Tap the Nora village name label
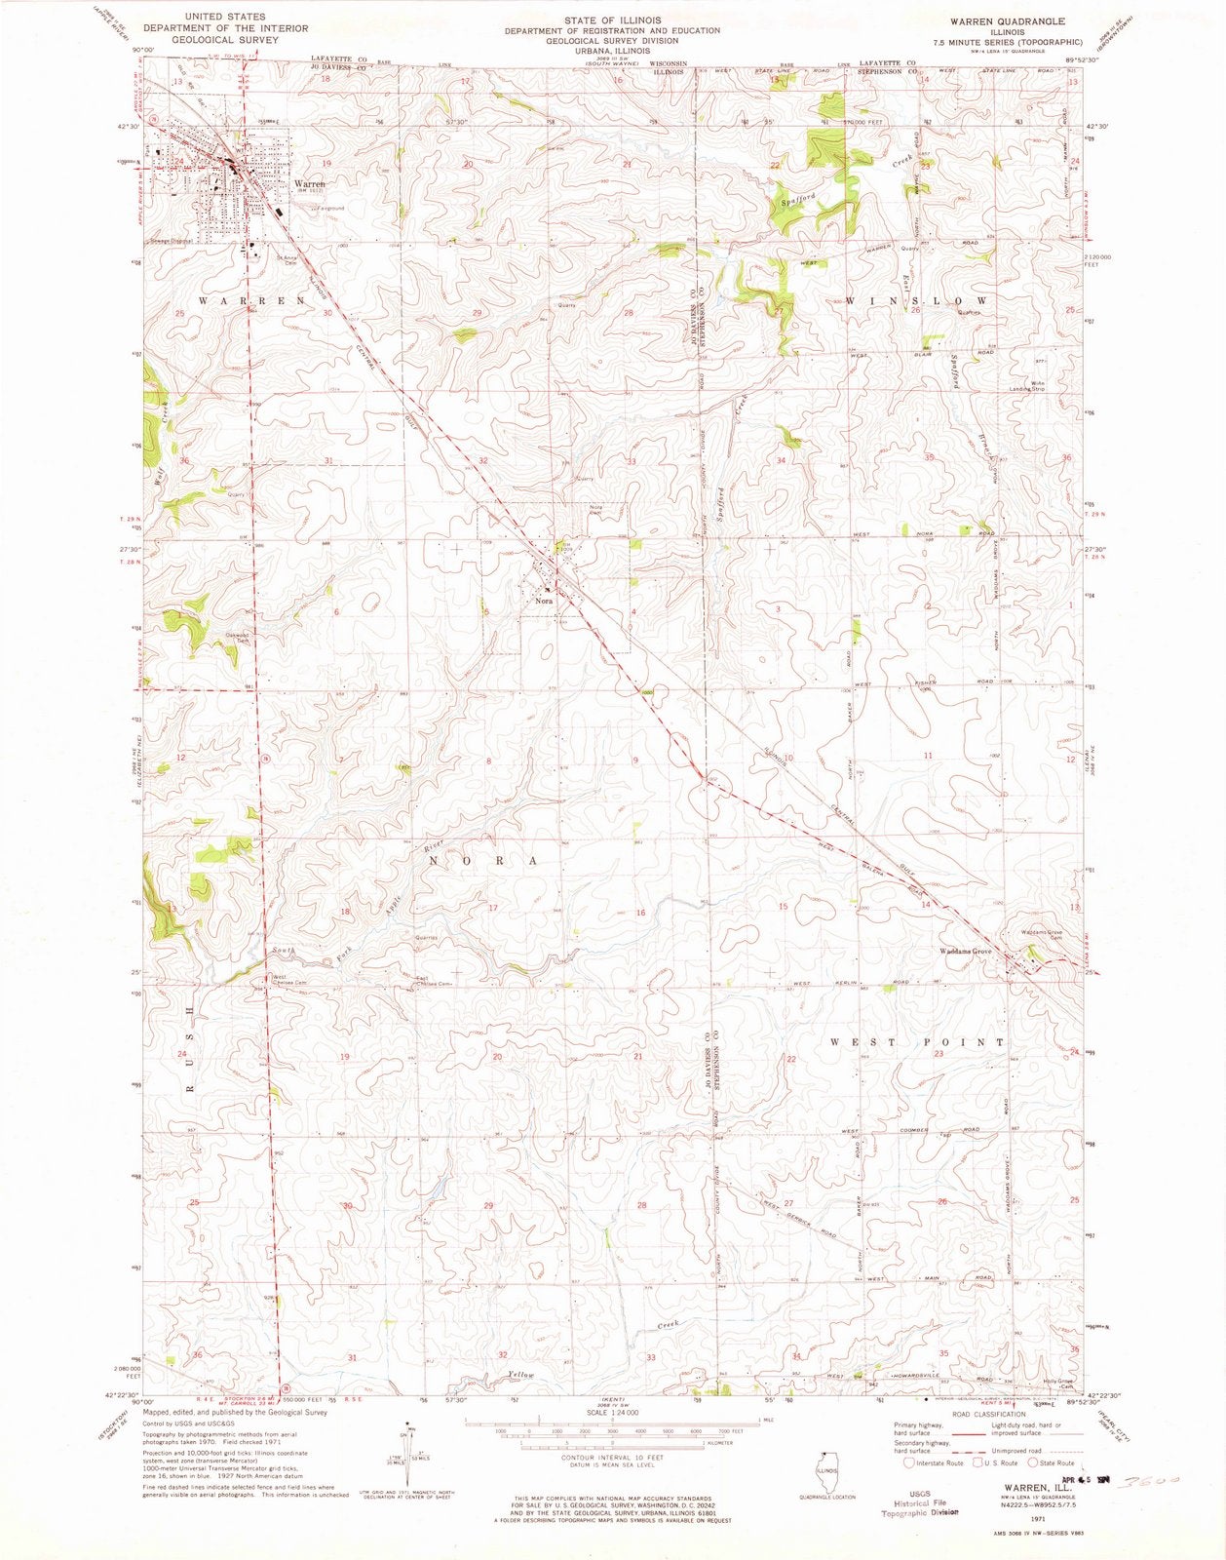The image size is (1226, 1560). [544, 602]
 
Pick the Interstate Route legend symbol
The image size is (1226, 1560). [909, 1462]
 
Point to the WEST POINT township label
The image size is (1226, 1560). [916, 1042]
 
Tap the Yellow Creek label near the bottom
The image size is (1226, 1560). [521, 1375]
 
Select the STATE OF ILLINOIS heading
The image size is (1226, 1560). [612, 19]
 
